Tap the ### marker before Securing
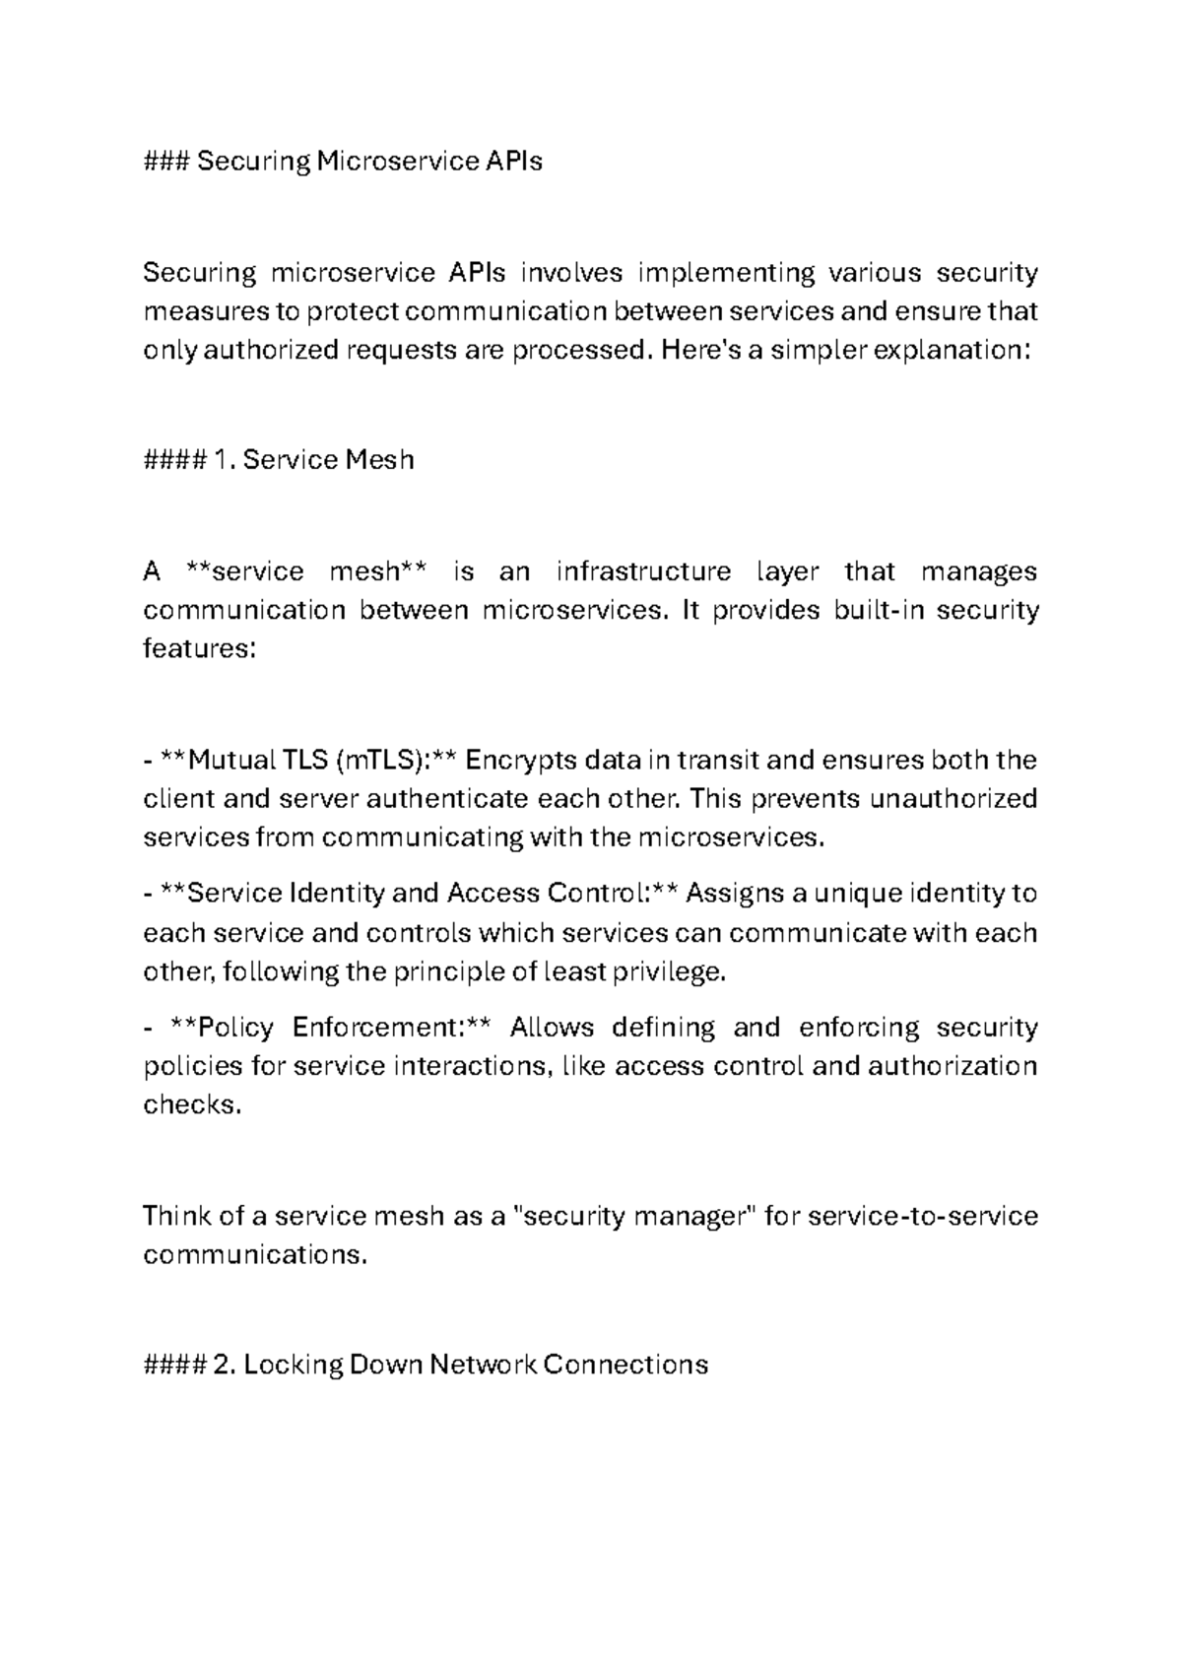(166, 161)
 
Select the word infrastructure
(643, 571)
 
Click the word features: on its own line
(200, 649)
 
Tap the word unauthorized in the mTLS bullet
(953, 798)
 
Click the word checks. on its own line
(192, 1105)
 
